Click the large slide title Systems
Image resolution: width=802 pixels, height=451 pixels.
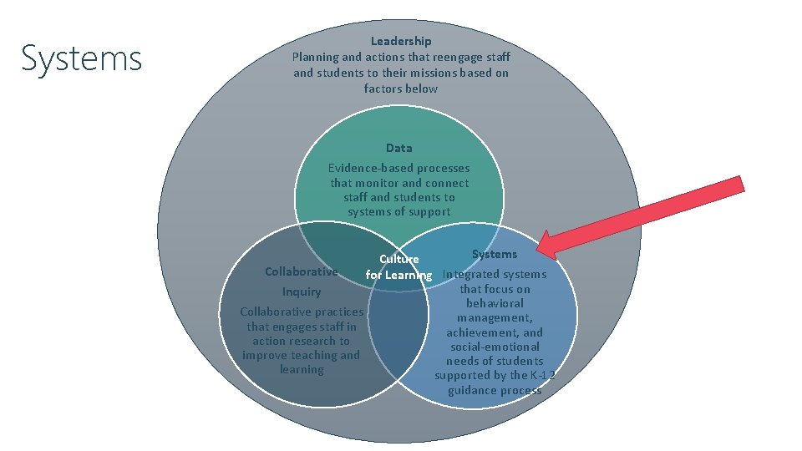(82, 59)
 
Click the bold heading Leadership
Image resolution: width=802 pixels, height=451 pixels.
(401, 41)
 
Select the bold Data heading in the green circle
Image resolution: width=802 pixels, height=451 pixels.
(398, 148)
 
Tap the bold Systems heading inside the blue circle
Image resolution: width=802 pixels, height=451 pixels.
(495, 254)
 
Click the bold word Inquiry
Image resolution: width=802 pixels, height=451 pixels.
(302, 292)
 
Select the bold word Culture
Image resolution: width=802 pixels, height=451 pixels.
(398, 260)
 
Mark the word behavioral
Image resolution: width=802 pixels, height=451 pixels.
(495, 303)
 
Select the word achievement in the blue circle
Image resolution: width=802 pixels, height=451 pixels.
(482, 332)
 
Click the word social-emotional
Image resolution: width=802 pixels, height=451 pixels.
(495, 347)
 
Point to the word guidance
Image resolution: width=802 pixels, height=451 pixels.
(472, 390)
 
